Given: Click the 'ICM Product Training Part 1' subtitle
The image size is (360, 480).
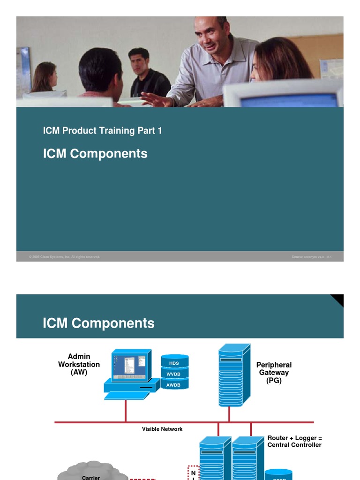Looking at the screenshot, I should [102, 131].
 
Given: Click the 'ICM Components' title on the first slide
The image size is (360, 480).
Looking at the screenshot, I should [95, 154].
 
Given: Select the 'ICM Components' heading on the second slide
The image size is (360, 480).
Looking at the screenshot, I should [98, 323].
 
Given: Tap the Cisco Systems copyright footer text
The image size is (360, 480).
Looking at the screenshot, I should [64, 257].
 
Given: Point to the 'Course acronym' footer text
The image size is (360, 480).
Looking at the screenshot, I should [311, 257].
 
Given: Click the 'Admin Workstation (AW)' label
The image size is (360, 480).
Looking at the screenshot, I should [79, 365].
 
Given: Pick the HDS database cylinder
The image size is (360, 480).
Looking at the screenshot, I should [174, 362].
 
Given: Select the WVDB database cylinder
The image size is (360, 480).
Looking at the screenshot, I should [174, 374].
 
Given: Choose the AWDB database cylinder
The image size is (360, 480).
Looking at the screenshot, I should [174, 384].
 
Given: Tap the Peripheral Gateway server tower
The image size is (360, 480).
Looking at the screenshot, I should [233, 375].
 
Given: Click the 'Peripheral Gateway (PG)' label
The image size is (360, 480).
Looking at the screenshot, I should [274, 373].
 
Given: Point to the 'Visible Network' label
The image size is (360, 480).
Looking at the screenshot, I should [162, 429].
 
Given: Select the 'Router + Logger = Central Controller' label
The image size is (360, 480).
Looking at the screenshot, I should [294, 442].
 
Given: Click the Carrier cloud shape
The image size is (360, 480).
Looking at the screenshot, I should [91, 471].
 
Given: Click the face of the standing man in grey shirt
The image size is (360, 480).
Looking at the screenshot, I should [208, 36].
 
